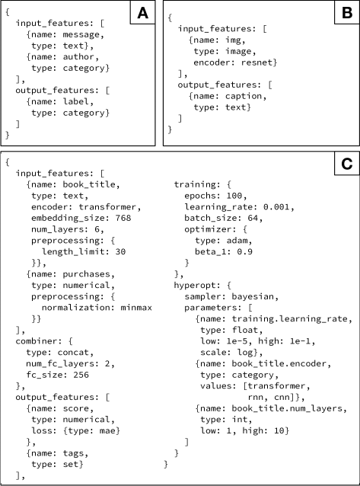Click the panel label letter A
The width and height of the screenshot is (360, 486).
(142, 13)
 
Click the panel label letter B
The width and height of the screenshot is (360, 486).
(346, 13)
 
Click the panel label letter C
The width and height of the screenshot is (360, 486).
(346, 163)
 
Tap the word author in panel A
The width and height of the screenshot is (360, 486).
(78, 56)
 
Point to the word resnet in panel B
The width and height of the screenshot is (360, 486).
(256, 62)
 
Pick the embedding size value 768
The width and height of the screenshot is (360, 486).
(123, 218)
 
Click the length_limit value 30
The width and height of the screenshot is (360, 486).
(120, 251)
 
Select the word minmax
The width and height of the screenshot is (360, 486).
(136, 308)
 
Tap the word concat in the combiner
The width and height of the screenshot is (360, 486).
(73, 353)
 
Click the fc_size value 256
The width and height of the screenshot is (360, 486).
(81, 375)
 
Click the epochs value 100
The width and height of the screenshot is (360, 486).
(234, 196)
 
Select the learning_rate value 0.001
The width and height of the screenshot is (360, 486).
(276, 206)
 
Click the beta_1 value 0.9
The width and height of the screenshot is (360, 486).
(245, 251)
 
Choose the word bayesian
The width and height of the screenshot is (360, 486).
(253, 296)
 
